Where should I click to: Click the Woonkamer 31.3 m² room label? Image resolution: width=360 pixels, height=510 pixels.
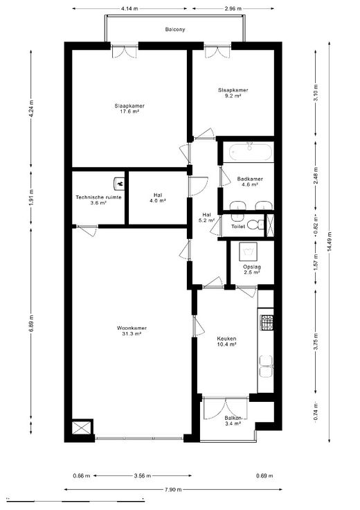(x=132, y=331)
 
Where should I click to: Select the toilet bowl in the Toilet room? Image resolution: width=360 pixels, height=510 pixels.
(x=254, y=225)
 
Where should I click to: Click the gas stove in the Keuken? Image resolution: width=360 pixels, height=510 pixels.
(x=267, y=322)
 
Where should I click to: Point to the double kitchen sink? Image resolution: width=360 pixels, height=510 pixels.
(x=266, y=367)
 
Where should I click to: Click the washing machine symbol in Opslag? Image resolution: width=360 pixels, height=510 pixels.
(x=248, y=252)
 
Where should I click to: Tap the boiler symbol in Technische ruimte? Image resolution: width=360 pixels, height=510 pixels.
(x=119, y=184)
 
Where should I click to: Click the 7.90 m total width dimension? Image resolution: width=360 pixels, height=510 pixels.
(x=173, y=489)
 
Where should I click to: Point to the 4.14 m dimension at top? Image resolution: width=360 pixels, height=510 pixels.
(x=129, y=9)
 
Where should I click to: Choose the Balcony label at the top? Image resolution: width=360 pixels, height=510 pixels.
(x=174, y=29)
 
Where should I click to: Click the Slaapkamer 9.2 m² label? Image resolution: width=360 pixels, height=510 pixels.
(x=233, y=93)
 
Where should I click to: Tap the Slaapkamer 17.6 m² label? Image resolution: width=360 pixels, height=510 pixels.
(x=129, y=109)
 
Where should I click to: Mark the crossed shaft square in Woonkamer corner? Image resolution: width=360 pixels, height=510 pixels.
(x=81, y=428)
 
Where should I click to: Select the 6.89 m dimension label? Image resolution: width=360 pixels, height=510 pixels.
(x=31, y=324)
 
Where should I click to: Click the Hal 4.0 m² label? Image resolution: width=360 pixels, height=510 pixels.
(x=158, y=197)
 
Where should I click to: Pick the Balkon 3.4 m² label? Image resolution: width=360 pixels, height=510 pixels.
(x=233, y=421)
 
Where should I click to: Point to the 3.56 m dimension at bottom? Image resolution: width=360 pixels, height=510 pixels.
(x=143, y=476)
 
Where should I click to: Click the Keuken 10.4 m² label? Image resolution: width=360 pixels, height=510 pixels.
(x=226, y=341)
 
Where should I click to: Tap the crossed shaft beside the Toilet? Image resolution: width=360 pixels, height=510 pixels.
(x=270, y=225)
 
